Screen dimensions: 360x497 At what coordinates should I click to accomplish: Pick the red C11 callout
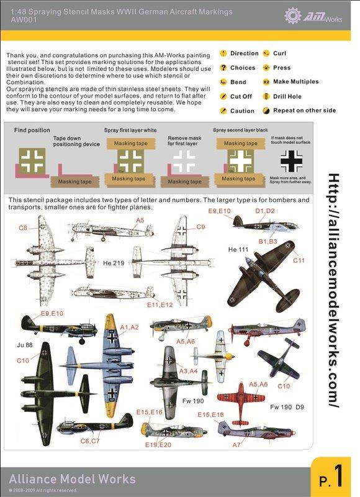[299, 262]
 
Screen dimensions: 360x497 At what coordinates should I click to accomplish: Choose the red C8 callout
[22, 228]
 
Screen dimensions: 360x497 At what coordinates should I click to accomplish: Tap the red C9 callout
[200, 227]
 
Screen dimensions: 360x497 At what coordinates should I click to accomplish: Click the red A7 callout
[236, 445]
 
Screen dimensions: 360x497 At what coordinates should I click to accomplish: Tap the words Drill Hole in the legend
[286, 96]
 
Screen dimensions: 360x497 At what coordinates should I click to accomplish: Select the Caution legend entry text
[242, 111]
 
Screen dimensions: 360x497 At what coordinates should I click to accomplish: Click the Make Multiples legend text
[295, 82]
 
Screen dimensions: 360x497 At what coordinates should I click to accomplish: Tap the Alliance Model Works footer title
[72, 479]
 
